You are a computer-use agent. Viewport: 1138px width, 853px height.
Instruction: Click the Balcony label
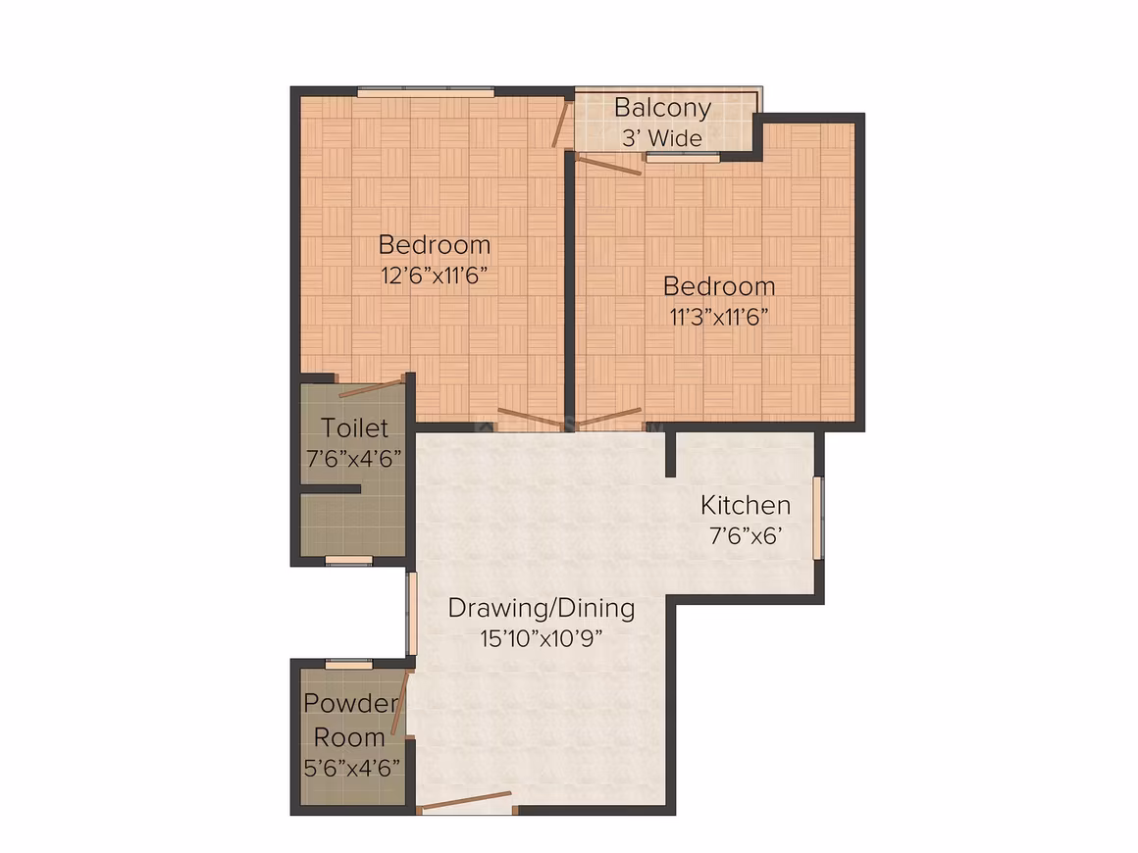[x=662, y=108]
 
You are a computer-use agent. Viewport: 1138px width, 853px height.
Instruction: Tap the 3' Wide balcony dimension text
[x=662, y=138]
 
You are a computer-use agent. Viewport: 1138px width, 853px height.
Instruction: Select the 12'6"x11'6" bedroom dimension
[x=434, y=276]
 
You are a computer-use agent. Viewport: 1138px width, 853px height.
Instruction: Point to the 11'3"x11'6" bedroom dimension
[x=718, y=317]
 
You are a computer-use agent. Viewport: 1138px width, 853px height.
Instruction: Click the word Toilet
[x=354, y=427]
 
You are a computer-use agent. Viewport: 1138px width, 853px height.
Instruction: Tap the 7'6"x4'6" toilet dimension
[x=354, y=459]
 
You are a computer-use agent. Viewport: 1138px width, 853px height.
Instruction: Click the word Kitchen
[x=746, y=505]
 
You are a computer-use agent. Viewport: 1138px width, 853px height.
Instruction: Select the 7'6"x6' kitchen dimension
[x=746, y=536]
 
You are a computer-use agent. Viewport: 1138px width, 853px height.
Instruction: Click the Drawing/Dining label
[x=542, y=608]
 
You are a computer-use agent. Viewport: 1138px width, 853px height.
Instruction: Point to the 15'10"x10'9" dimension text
[x=542, y=638]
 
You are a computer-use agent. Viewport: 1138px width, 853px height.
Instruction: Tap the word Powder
[x=351, y=703]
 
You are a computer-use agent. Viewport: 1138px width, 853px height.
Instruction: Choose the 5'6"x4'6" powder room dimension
[x=352, y=768]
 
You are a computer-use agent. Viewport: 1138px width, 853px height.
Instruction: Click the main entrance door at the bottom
[x=466, y=801]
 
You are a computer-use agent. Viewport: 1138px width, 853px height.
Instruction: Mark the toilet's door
[x=372, y=387]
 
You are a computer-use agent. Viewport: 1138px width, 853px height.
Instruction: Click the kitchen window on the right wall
[x=818, y=517]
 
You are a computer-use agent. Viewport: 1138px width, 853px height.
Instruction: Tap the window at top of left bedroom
[x=426, y=91]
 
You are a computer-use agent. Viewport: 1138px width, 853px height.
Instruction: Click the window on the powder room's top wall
[x=348, y=664]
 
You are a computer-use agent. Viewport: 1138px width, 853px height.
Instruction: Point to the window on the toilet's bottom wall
[x=348, y=561]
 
